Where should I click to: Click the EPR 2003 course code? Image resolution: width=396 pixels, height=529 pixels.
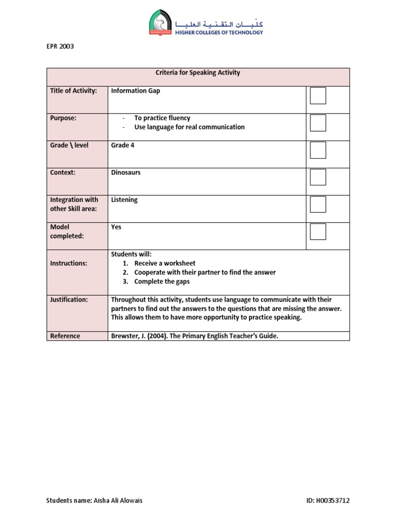pos(60,46)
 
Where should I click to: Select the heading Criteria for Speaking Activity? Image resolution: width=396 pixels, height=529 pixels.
pos(198,73)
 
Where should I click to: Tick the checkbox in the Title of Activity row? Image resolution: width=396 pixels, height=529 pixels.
pos(318,96)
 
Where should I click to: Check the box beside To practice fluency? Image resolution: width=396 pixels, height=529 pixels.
pos(318,123)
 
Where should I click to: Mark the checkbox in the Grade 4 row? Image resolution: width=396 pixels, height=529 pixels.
pos(318,150)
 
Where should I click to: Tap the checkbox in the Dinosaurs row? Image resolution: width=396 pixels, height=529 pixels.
pos(318,177)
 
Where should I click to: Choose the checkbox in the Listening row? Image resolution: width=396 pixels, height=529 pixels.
pos(318,204)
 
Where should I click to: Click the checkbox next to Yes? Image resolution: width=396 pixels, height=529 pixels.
pos(318,231)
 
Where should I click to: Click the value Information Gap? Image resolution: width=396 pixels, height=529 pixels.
pos(136,91)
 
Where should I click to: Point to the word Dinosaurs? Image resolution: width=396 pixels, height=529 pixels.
pos(126,173)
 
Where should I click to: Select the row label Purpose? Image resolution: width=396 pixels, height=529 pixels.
pos(63,118)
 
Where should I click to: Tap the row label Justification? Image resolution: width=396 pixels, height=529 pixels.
pos(69,300)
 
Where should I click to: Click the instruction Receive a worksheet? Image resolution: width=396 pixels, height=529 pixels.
pos(164,263)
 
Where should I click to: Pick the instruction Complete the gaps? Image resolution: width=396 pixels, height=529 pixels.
pos(162,282)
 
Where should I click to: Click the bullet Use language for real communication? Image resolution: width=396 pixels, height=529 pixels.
pos(189,127)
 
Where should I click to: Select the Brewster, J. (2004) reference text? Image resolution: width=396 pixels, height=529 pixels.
pos(194,336)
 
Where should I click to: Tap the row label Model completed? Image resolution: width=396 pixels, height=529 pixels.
pos(67,231)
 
